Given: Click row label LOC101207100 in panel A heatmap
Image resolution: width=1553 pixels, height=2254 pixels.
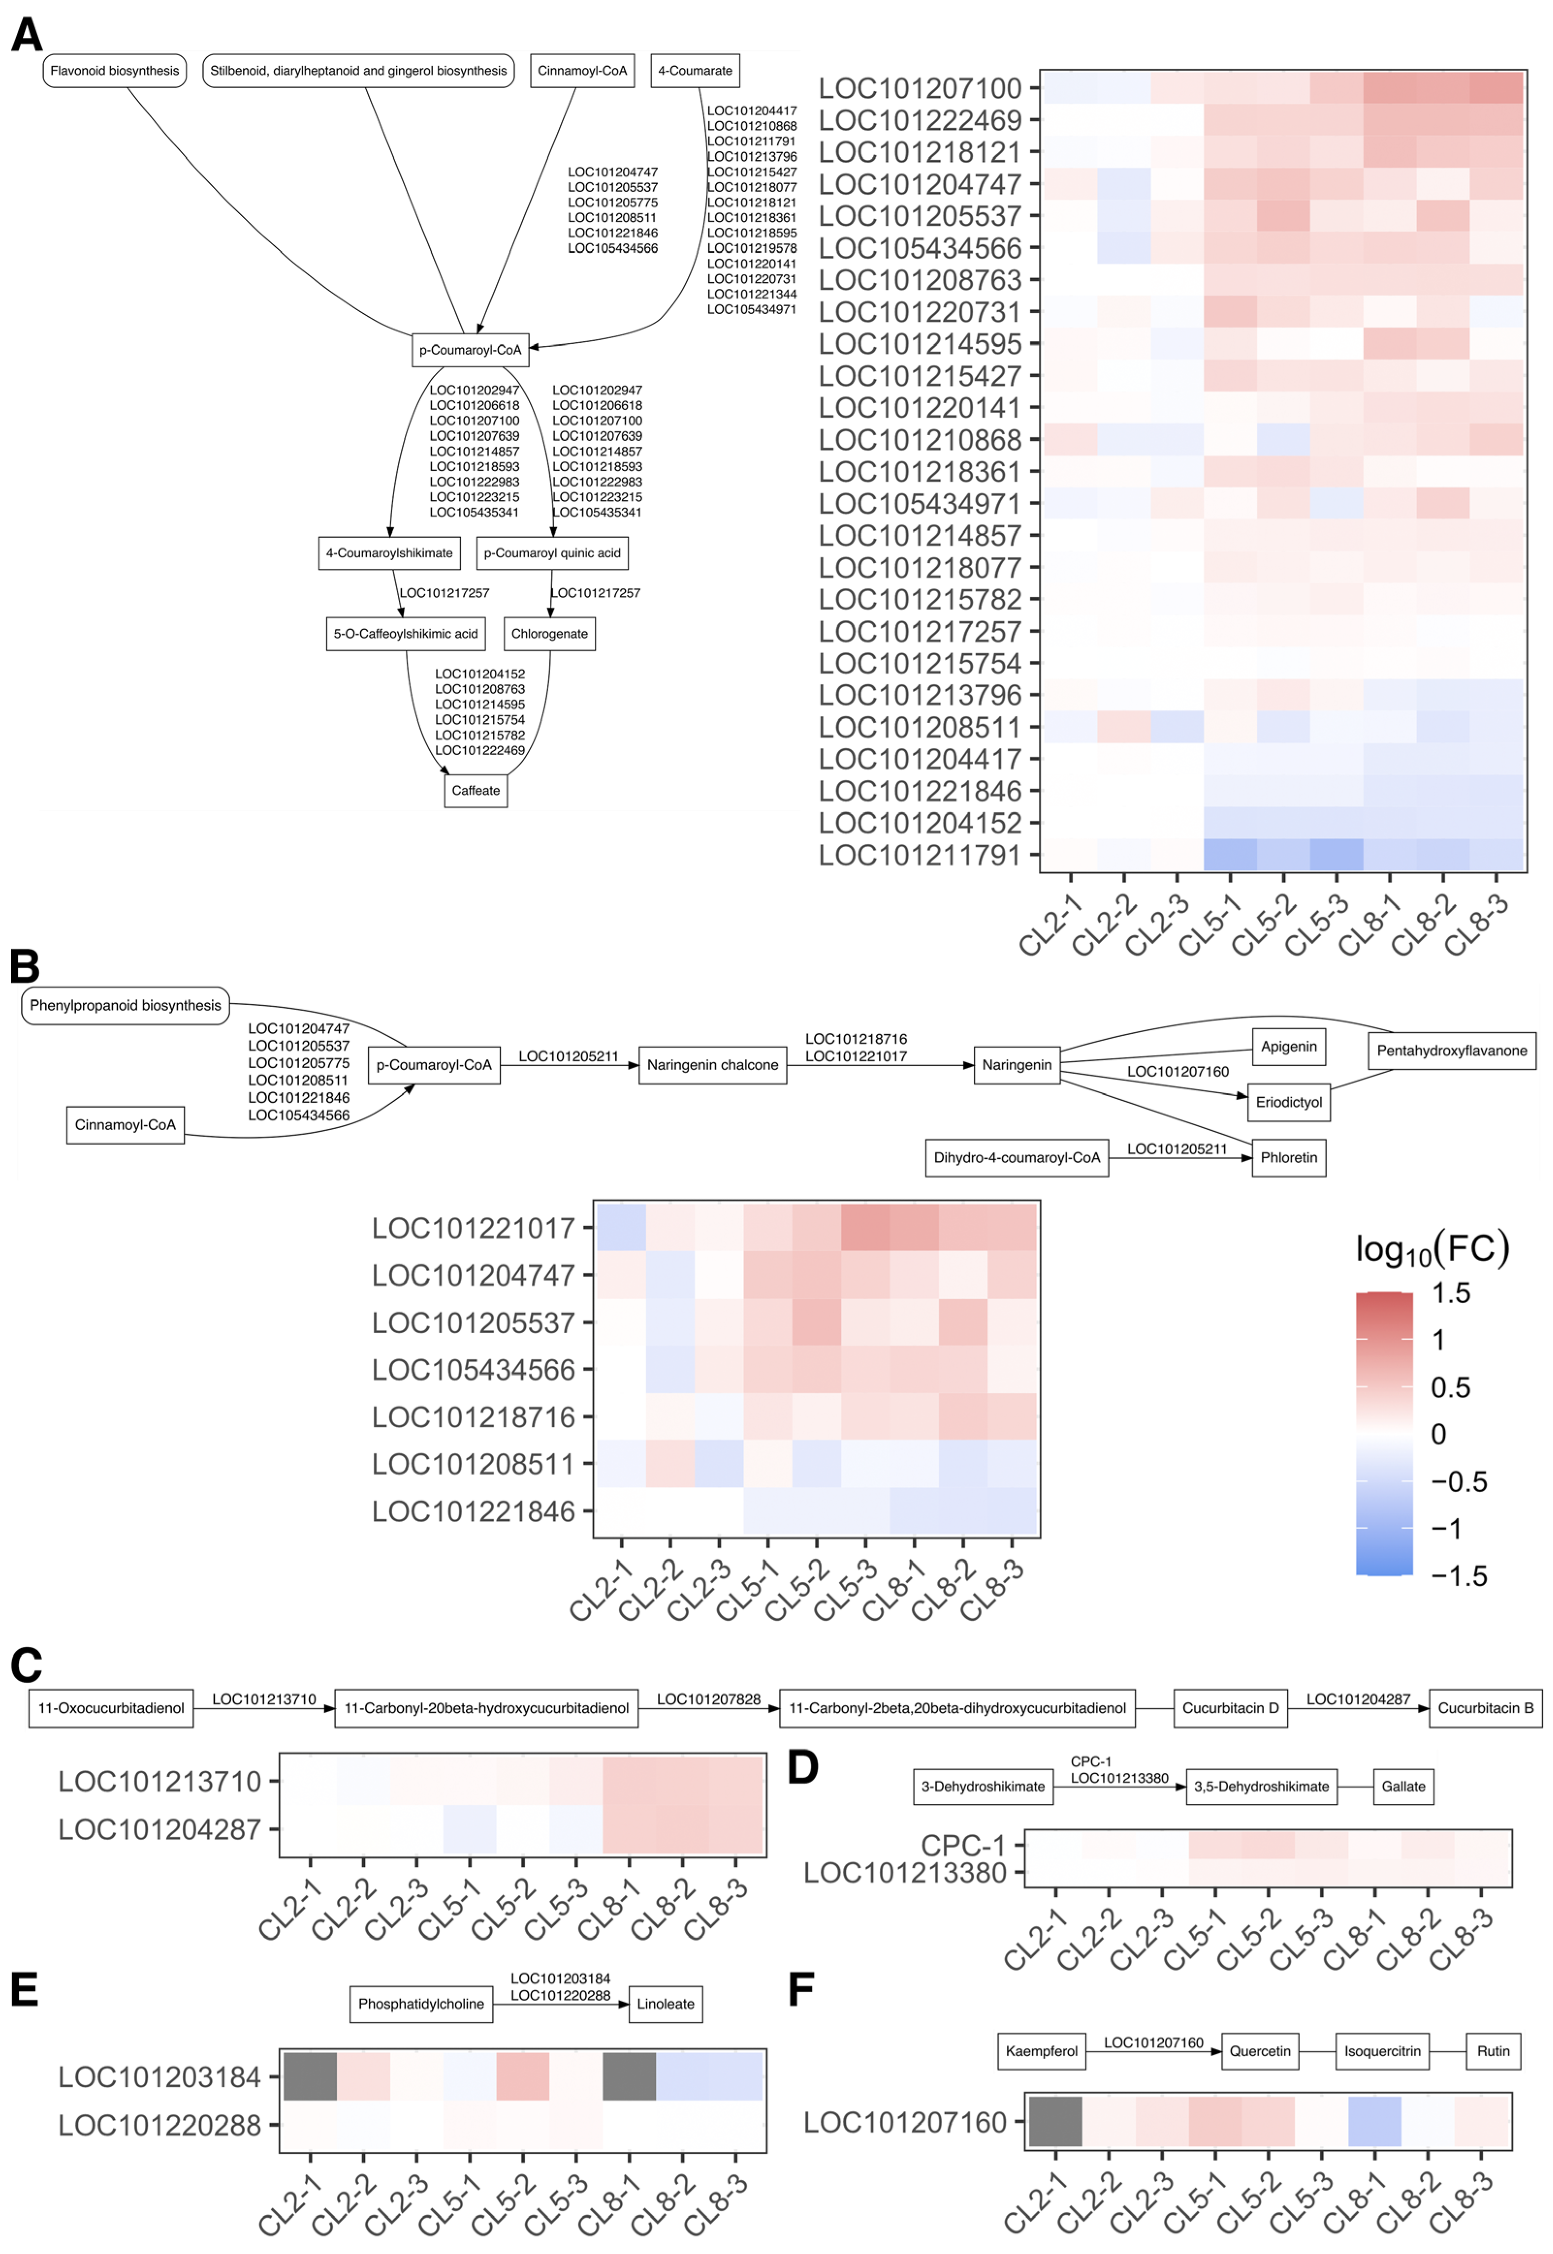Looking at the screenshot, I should click(919, 89).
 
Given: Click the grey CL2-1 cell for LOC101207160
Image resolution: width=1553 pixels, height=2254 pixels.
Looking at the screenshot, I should click(1055, 2122).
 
